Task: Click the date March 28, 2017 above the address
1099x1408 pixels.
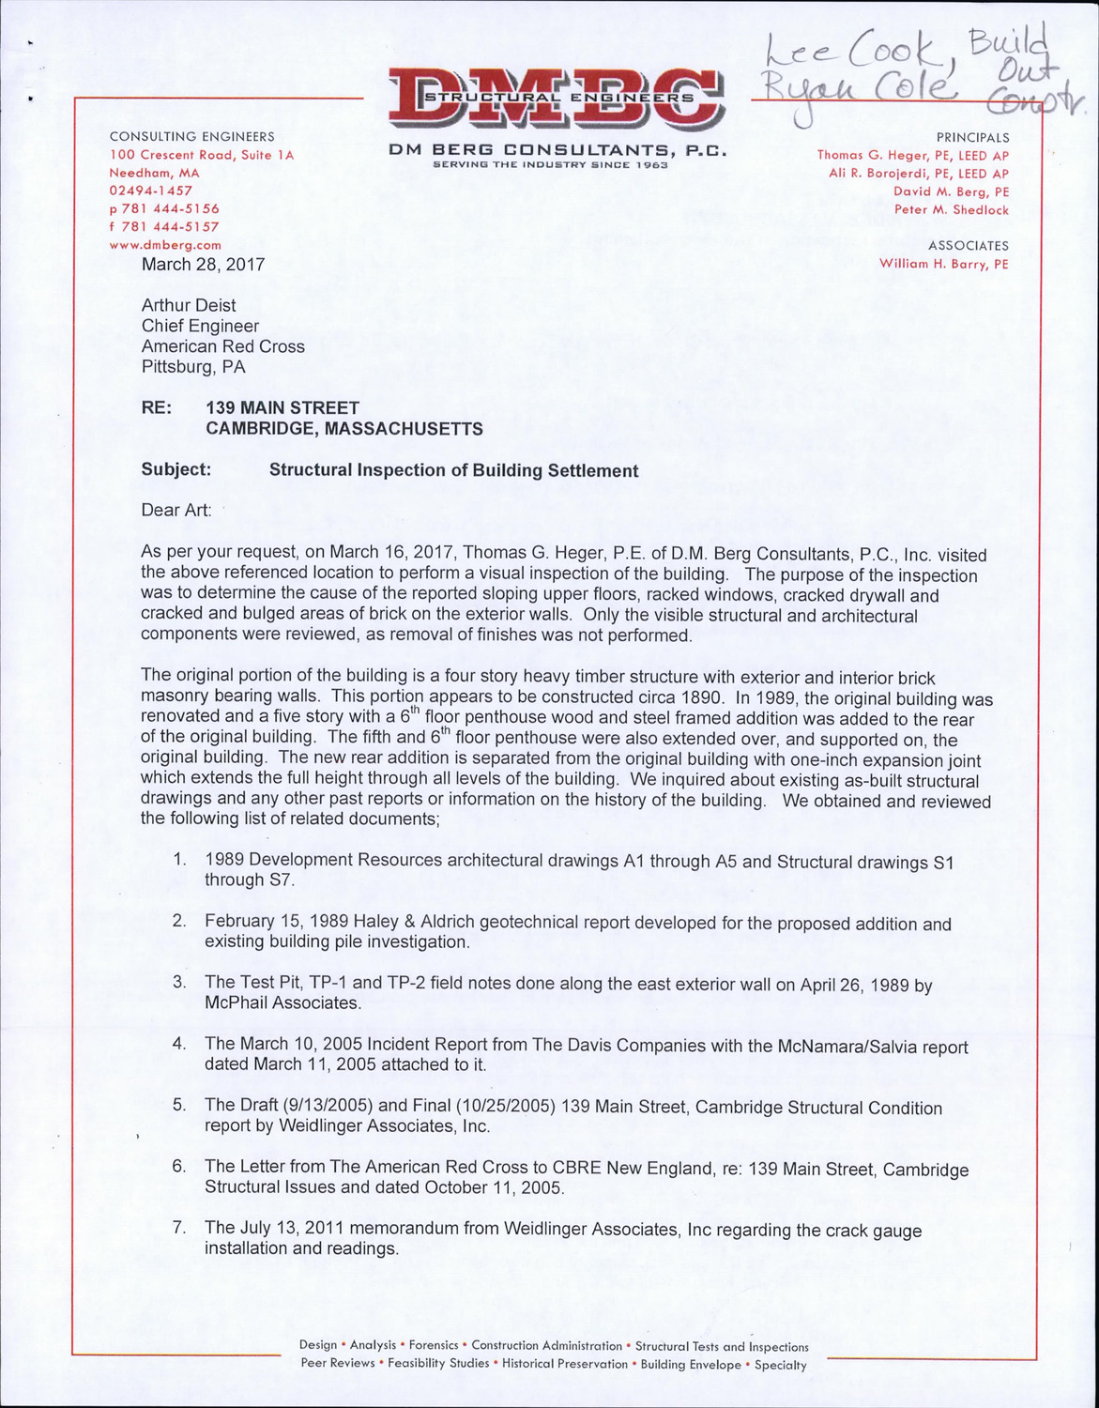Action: [x=203, y=265]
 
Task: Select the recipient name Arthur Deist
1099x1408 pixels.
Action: [x=189, y=305]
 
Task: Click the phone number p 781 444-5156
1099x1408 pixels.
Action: [x=164, y=209]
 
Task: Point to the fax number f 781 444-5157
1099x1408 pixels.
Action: [x=164, y=227]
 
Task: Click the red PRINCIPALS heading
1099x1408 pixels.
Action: [x=973, y=137]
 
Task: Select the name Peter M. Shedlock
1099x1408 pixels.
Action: [x=952, y=210]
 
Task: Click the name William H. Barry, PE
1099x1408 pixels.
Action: [x=944, y=265]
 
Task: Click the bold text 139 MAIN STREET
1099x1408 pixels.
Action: [x=282, y=408]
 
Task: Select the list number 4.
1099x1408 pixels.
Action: [x=178, y=1044]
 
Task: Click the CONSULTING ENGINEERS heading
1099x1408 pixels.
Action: [x=192, y=137]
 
